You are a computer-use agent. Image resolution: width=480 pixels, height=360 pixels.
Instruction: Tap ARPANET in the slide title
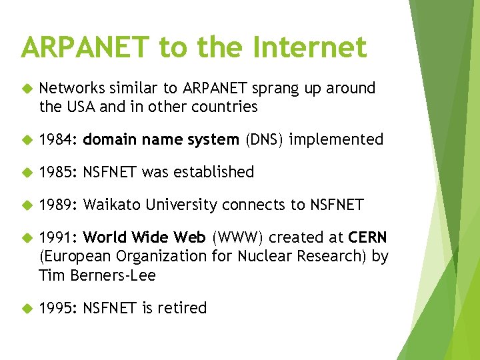pyautogui.click(x=86, y=47)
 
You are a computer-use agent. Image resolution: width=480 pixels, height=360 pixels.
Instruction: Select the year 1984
pyautogui.click(x=59, y=139)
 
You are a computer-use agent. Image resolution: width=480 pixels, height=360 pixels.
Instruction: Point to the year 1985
pyautogui.click(x=59, y=172)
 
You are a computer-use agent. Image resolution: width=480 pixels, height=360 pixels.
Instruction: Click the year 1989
pyautogui.click(x=59, y=205)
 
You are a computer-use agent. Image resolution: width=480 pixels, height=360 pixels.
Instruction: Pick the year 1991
pyautogui.click(x=59, y=237)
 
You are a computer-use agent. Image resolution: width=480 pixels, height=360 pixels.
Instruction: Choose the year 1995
pyautogui.click(x=59, y=307)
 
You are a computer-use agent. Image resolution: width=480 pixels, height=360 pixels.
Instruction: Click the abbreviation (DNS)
pyautogui.click(x=264, y=139)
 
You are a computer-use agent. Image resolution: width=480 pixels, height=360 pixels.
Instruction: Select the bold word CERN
pyautogui.click(x=367, y=237)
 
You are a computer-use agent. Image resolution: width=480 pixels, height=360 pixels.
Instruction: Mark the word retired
pyautogui.click(x=182, y=307)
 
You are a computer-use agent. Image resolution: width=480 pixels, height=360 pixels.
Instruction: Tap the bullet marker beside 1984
pyautogui.click(x=27, y=140)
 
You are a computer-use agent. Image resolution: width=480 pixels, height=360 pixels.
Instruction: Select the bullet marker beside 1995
pyautogui.click(x=27, y=308)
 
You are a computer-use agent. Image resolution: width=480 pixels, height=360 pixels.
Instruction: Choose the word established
pyautogui.click(x=214, y=172)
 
